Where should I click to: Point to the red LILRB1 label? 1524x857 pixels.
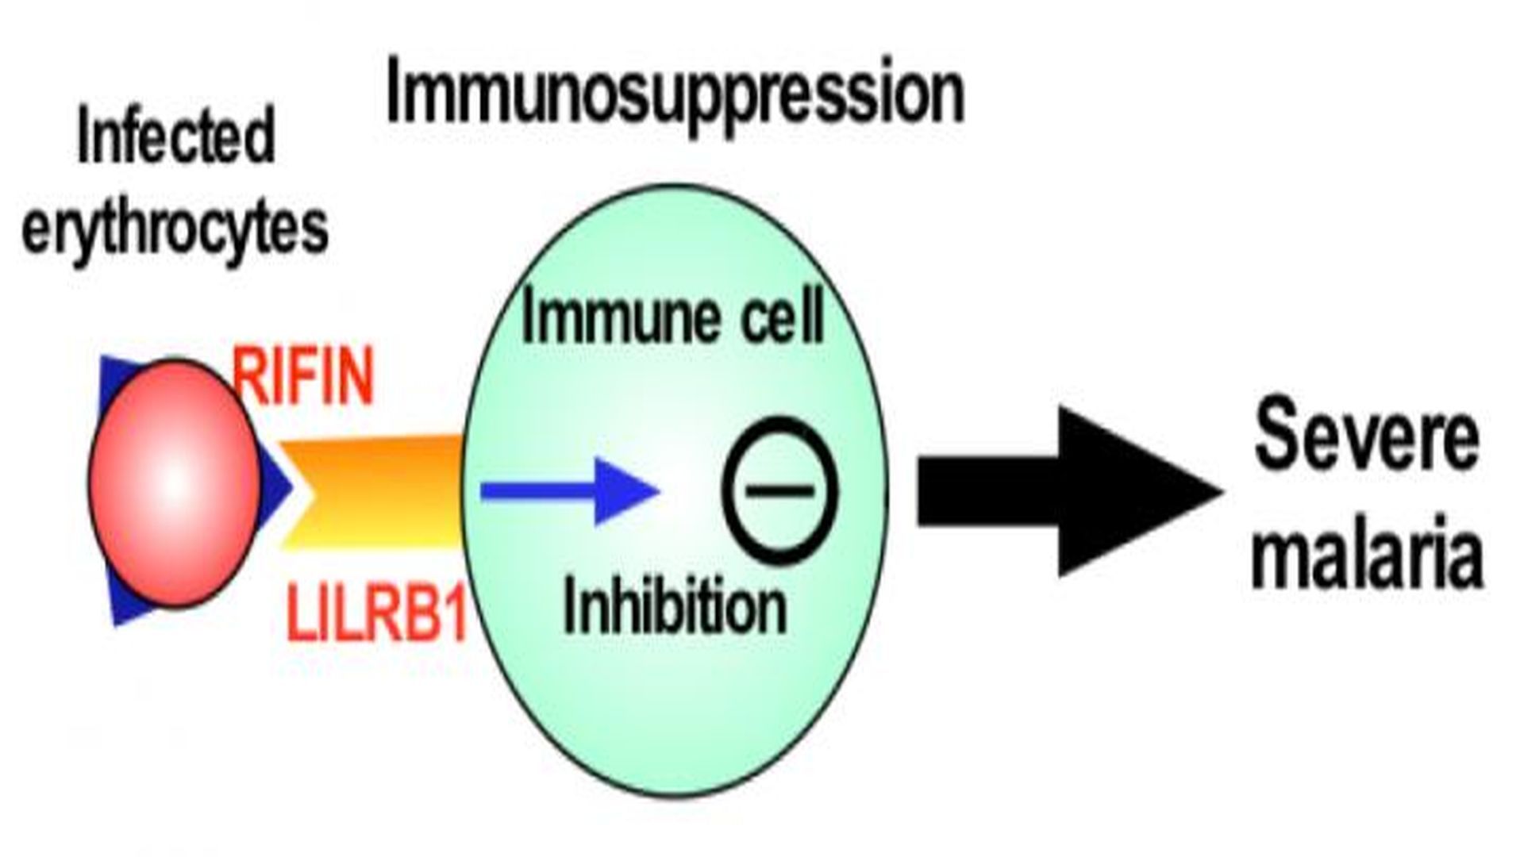coord(376,611)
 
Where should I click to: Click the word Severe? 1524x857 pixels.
coord(1367,436)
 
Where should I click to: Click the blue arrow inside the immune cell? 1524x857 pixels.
coord(570,492)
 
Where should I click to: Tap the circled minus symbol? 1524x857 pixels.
coord(779,490)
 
